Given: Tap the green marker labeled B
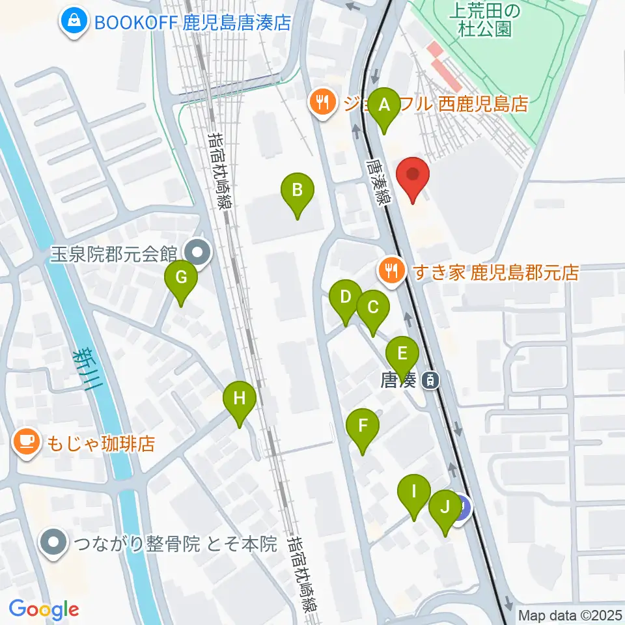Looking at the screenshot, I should tap(297, 191).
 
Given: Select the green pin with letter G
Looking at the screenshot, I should tap(181, 279).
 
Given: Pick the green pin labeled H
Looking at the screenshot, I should tap(240, 398).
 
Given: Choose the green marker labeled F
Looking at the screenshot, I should tap(363, 427).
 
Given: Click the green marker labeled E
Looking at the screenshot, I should tap(402, 355).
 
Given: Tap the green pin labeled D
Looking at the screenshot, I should tap(346, 298).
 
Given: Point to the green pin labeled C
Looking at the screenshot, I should tap(372, 308).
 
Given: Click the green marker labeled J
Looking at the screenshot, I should tap(445, 507).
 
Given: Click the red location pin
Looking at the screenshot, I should tap(413, 176).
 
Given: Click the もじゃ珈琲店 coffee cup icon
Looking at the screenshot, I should tap(26, 444).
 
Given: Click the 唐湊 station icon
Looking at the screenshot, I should tap(430, 380).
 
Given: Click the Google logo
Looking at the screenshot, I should tap(44, 609).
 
